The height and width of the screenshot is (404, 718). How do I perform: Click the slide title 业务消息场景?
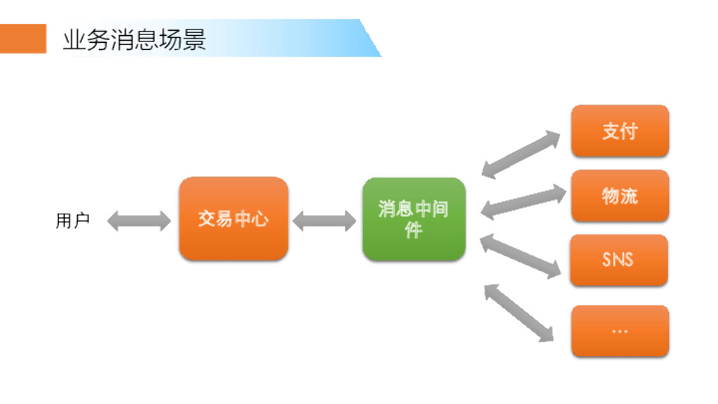(134, 39)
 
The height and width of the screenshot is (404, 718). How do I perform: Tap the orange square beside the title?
(23, 39)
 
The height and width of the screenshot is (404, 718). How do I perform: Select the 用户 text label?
(72, 221)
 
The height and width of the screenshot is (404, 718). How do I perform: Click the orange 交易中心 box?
(233, 219)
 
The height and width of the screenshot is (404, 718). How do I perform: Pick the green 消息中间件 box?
(414, 219)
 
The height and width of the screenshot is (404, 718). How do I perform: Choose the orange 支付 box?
(620, 131)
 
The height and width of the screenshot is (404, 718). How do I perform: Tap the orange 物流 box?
(620, 196)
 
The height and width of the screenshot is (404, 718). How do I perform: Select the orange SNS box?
(618, 260)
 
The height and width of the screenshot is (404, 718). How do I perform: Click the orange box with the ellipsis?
(620, 330)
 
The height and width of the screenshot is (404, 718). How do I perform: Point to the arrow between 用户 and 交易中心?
(140, 221)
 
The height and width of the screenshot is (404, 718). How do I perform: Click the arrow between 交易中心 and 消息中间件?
(324, 221)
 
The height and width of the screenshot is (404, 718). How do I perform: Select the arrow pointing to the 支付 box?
(521, 154)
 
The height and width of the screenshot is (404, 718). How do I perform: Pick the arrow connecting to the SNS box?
(520, 256)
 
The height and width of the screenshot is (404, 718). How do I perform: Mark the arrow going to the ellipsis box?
(519, 313)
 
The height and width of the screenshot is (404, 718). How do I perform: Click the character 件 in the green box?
(414, 229)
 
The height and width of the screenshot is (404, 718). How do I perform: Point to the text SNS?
(618, 260)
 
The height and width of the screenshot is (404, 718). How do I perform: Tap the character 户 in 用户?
(81, 221)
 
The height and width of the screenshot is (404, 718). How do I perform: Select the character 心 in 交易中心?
(260, 219)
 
